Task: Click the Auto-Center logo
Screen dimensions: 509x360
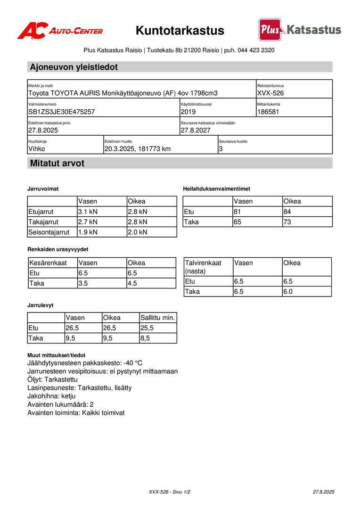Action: tap(60, 31)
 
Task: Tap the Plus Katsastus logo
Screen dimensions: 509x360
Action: tap(300, 30)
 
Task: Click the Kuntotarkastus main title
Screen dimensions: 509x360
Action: tap(180, 31)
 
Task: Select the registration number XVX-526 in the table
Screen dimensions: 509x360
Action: tap(270, 93)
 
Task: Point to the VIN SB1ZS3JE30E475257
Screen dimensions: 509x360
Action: tap(62, 112)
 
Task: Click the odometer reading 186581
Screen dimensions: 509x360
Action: tap(269, 112)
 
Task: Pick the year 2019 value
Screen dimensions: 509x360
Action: tap(188, 112)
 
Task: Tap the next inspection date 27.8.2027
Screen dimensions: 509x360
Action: tap(196, 130)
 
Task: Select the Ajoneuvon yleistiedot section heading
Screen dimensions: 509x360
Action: tap(74, 67)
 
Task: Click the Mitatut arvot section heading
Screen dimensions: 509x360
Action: tap(57, 164)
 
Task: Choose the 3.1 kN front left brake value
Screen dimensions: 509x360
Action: tap(88, 212)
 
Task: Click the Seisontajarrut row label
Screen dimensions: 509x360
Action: tap(49, 232)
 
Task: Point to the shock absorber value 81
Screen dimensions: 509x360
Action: tap(237, 212)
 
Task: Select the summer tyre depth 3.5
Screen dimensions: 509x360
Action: tap(84, 283)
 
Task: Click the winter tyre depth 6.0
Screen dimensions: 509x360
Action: tap(288, 291)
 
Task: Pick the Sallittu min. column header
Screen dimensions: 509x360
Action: tap(158, 318)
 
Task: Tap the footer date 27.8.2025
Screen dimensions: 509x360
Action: tap(323, 492)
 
